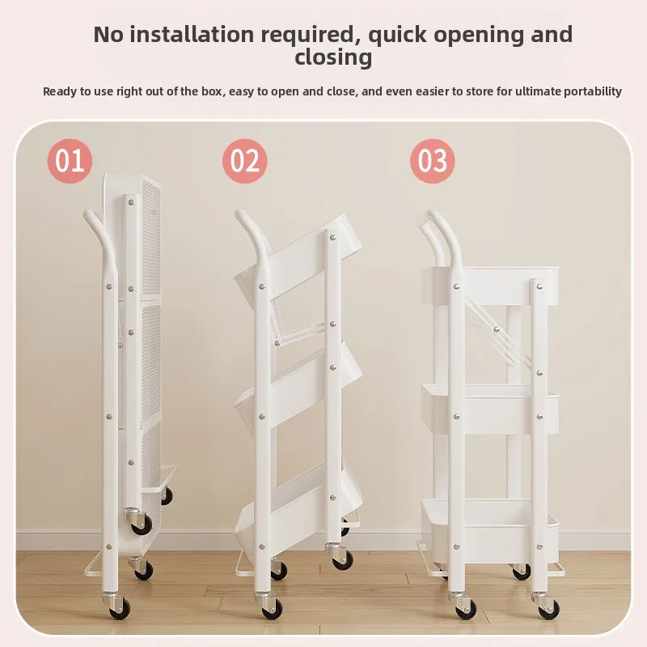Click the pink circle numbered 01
[70, 161]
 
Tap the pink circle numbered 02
[245, 161]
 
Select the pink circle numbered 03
[433, 161]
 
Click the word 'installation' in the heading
[192, 34]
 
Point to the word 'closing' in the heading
[333, 57]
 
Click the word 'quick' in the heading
[397, 35]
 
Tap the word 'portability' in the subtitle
[593, 91]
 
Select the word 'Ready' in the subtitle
[58, 91]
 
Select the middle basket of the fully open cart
[490, 408]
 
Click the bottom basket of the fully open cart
[490, 525]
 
